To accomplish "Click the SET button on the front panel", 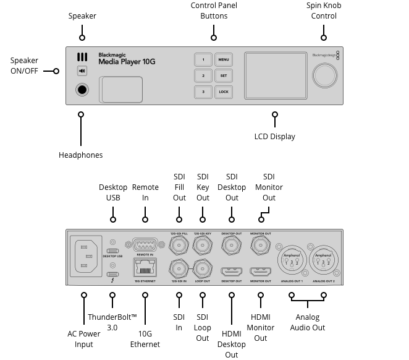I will pyautogui.click(x=223, y=76).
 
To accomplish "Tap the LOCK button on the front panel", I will pyautogui.click(x=223, y=92).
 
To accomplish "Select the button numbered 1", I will pyautogui.click(x=203, y=60).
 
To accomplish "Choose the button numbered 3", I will pyautogui.click(x=203, y=92).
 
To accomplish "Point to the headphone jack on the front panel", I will pyautogui.click(x=82, y=90).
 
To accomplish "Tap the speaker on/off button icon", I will pyautogui.click(x=82, y=71).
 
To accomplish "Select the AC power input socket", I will pyautogui.click(x=86, y=255).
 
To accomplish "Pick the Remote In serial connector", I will pyautogui.click(x=145, y=245).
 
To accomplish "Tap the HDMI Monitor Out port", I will pyautogui.click(x=260, y=272).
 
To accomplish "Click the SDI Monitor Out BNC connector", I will pyautogui.click(x=260, y=246).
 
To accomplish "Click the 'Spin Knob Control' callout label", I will pyautogui.click(x=324, y=11).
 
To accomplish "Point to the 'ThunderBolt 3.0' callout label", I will pyautogui.click(x=112, y=322).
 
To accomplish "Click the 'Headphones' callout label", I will pyautogui.click(x=80, y=155).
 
